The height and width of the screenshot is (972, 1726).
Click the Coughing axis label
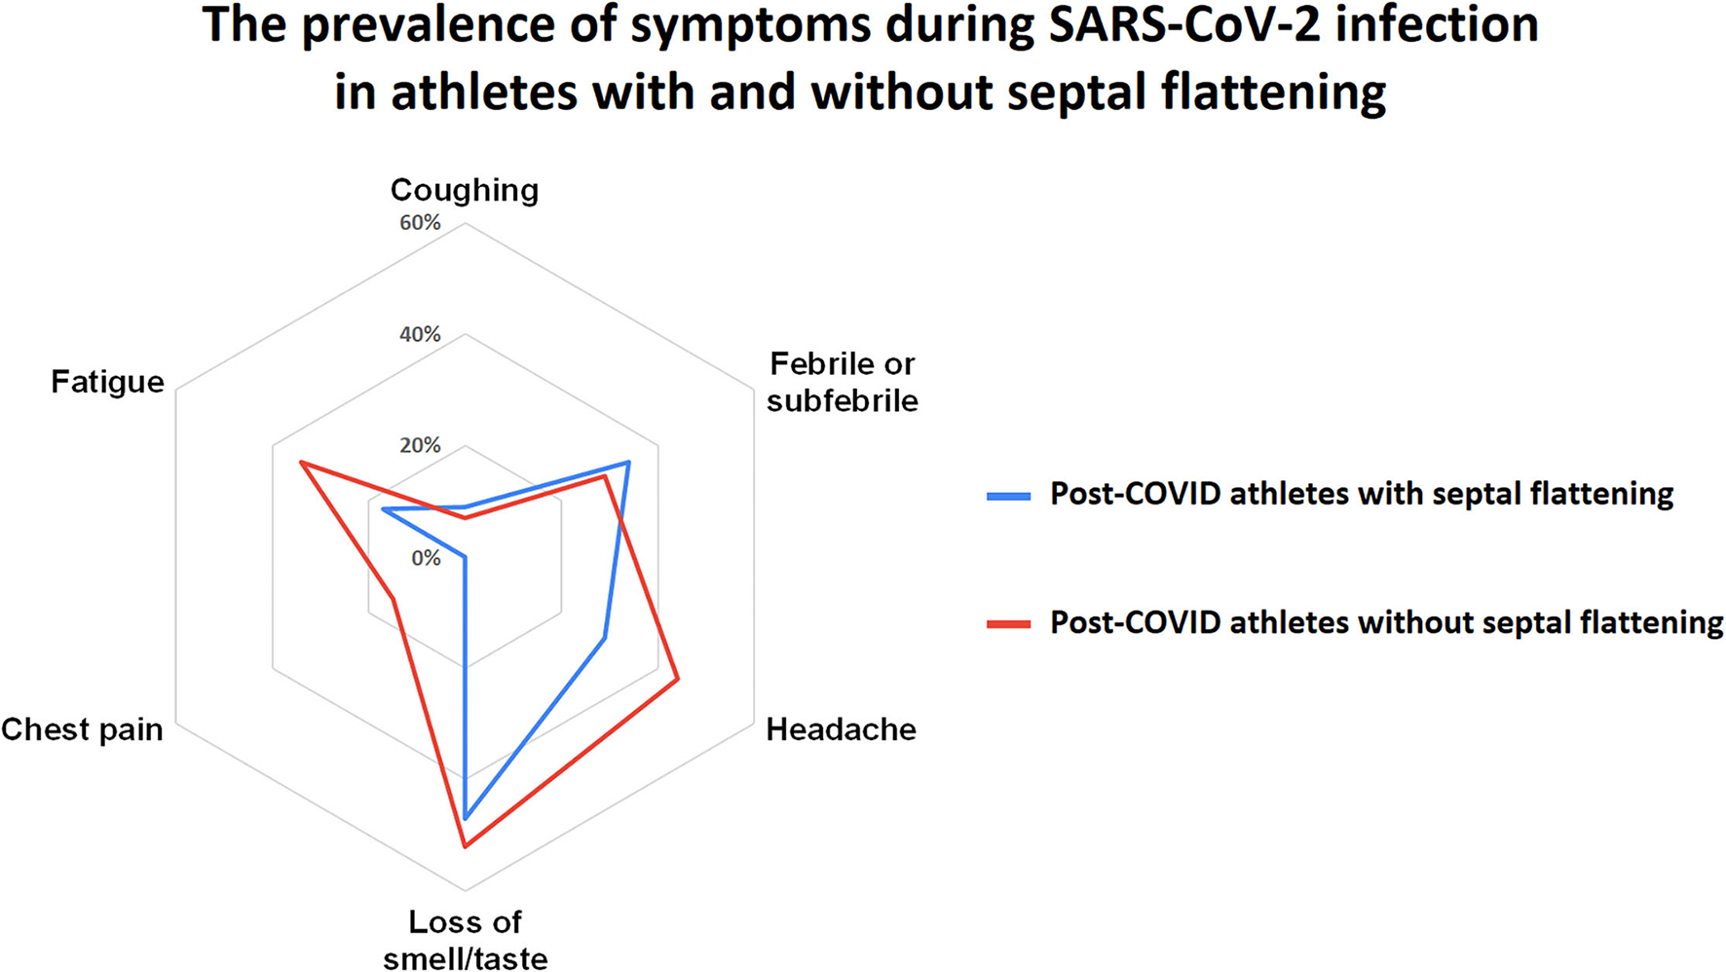point(464,190)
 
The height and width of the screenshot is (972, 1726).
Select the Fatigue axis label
point(107,382)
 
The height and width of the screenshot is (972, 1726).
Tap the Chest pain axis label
point(82,729)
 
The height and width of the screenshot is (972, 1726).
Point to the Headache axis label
point(841,729)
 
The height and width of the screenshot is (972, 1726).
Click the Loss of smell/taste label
point(465,940)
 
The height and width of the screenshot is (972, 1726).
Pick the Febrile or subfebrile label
point(842,382)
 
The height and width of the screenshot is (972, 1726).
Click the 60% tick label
point(420,223)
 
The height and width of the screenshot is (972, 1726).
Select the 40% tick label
point(420,335)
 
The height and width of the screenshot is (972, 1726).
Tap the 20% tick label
point(420,446)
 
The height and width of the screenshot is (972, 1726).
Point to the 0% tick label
point(426,558)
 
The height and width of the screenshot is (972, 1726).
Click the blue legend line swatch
point(1008,496)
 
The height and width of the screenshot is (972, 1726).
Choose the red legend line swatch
point(1008,623)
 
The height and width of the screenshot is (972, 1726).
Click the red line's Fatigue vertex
point(301,463)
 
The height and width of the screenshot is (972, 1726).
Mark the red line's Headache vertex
point(677,680)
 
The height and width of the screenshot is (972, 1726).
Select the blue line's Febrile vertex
point(628,463)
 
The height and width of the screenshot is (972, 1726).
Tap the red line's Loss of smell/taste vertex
point(465,846)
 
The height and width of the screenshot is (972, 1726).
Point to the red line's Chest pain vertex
point(394,599)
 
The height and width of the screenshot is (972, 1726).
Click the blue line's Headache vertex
point(604,638)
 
